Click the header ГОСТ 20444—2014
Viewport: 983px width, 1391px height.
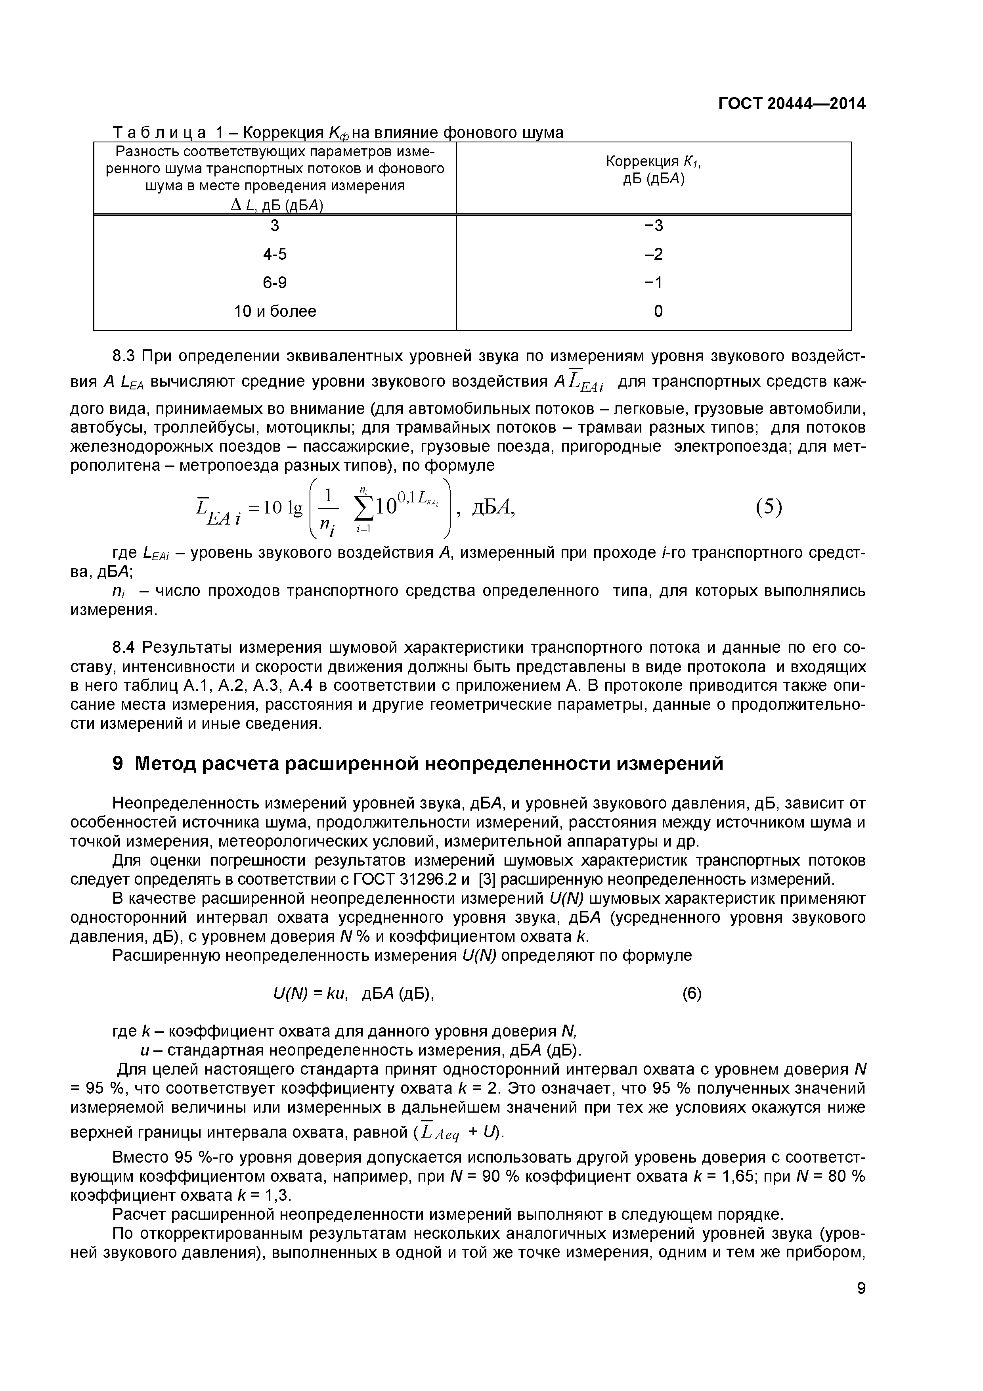(x=792, y=103)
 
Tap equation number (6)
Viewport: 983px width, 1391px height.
(x=692, y=994)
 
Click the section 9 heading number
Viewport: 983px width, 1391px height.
(x=118, y=764)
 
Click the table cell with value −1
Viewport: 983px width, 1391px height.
(x=654, y=283)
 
